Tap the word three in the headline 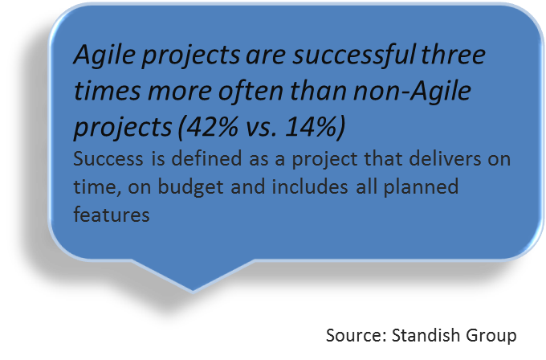(x=453, y=55)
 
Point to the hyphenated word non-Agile (x=412, y=91)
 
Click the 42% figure (x=213, y=126)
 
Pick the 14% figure (x=311, y=126)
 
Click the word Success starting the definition (x=108, y=159)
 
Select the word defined (x=206, y=158)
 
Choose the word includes (x=310, y=186)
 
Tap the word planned (x=421, y=187)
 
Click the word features (x=112, y=215)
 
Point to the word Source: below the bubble (x=357, y=336)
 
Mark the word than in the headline (x=319, y=90)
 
